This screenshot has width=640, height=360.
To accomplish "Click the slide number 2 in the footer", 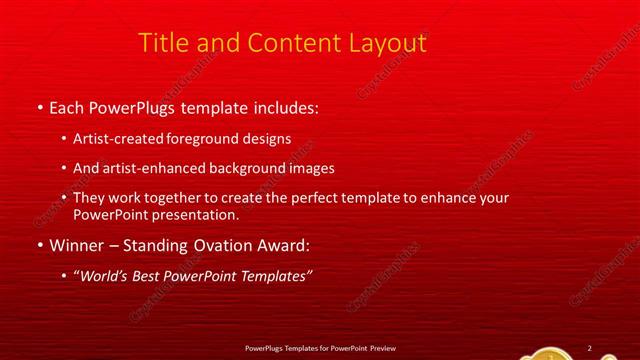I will [x=589, y=347].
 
